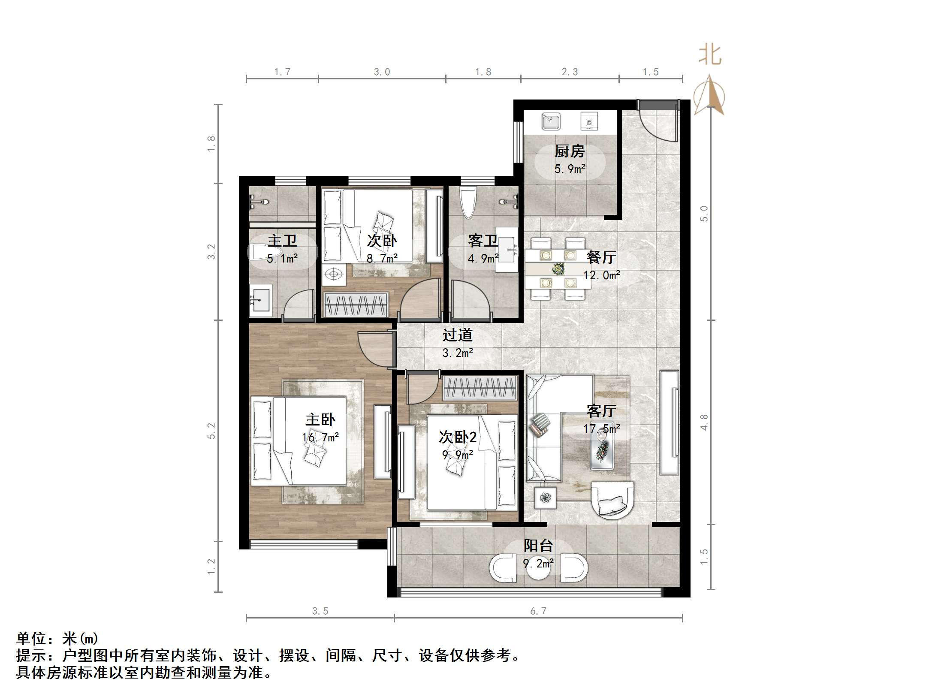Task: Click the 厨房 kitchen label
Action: click(x=569, y=151)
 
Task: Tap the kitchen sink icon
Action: click(x=551, y=121)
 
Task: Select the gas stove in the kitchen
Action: click(x=589, y=121)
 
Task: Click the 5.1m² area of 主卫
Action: click(x=282, y=259)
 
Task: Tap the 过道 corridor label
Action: click(x=457, y=335)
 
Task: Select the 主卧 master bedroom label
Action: click(x=320, y=419)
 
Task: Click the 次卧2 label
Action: click(x=457, y=437)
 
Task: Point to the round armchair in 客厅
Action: click(x=612, y=501)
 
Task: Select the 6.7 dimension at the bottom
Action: click(x=538, y=611)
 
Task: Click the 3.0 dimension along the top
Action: click(x=382, y=72)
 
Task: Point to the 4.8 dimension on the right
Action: click(x=704, y=422)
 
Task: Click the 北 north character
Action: click(x=710, y=56)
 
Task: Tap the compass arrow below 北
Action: click(x=709, y=95)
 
